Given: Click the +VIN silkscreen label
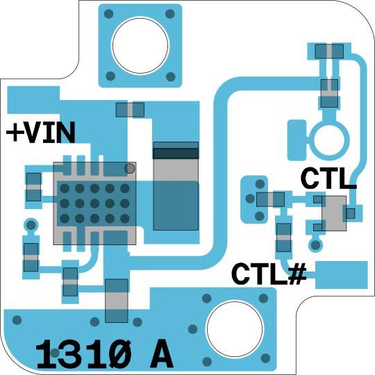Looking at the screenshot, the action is click(41, 132).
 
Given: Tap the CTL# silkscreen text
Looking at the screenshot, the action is click(269, 274).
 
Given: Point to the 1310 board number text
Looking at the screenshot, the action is click(83, 353).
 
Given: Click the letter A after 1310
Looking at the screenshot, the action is click(161, 353).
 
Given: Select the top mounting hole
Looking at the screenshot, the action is click(140, 45).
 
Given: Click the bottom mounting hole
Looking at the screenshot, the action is click(235, 329).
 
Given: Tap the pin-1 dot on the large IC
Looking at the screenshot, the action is click(130, 168).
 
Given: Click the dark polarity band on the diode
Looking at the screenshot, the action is click(176, 153).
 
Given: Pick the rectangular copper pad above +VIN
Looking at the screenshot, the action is click(33, 100).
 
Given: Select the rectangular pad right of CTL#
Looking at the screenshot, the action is click(342, 275).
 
